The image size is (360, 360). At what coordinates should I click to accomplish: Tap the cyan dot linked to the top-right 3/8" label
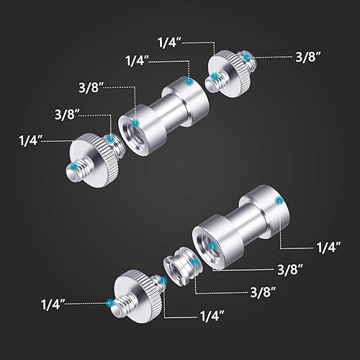coord(246,55)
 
